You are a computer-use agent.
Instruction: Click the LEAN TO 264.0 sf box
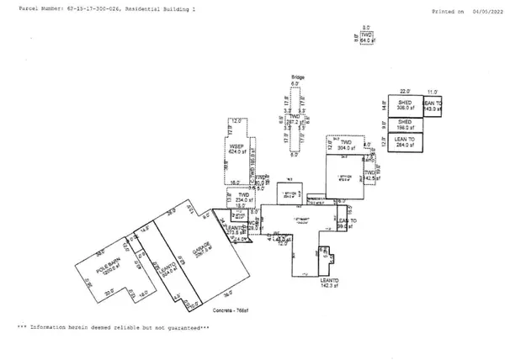click(x=404, y=141)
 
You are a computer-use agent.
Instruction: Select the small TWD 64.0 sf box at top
click(x=366, y=36)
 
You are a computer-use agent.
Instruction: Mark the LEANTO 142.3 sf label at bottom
click(x=328, y=282)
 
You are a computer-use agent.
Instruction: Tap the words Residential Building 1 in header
click(x=165, y=8)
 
